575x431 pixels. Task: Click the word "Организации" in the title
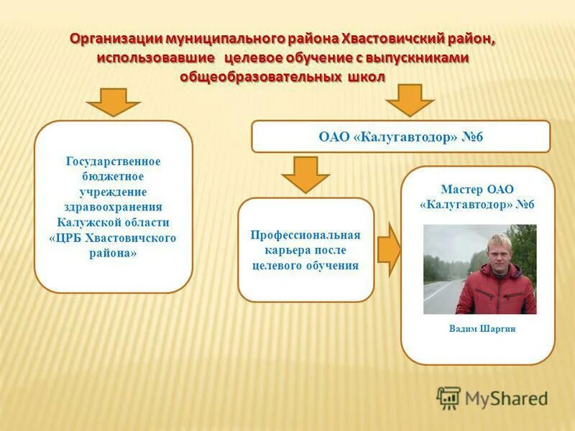click(116, 38)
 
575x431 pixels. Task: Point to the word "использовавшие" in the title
click(157, 57)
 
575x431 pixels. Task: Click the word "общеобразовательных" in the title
click(259, 75)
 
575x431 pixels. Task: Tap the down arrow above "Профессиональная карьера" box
click(305, 175)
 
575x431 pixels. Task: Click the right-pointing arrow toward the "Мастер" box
click(389, 249)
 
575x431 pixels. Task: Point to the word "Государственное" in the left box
click(114, 162)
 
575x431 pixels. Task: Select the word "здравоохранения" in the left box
click(114, 207)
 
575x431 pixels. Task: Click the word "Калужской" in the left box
click(93, 222)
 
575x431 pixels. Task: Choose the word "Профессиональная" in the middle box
click(305, 235)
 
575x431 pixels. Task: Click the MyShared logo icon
click(448, 397)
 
